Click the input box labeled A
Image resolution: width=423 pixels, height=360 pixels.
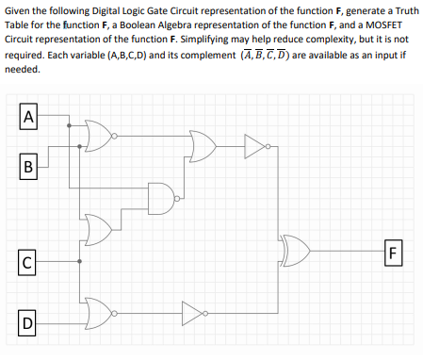[x=29, y=118]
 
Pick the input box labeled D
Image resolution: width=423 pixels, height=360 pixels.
[x=29, y=325]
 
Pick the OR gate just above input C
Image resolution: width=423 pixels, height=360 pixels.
[x=99, y=227]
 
